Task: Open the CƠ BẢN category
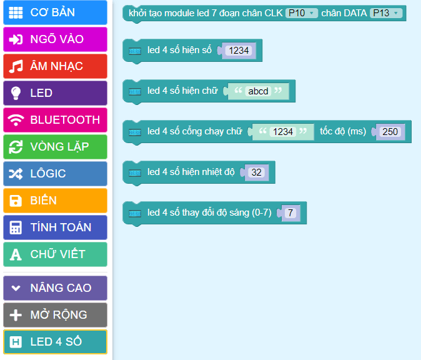point(55,12)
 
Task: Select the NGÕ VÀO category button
point(55,39)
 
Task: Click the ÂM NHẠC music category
point(55,66)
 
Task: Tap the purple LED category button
point(55,93)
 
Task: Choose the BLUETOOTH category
point(55,120)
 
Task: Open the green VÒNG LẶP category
point(55,147)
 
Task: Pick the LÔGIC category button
point(55,174)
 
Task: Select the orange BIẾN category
point(55,201)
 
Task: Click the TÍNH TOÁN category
point(55,227)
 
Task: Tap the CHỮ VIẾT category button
point(55,254)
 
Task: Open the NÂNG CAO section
point(55,288)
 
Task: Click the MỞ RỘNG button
point(55,315)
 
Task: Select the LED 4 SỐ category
point(55,342)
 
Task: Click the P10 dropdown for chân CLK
point(302,13)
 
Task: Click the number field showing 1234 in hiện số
point(239,51)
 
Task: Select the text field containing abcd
point(258,91)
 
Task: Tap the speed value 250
point(390,132)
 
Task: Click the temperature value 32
point(256,172)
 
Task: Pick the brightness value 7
point(289,213)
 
